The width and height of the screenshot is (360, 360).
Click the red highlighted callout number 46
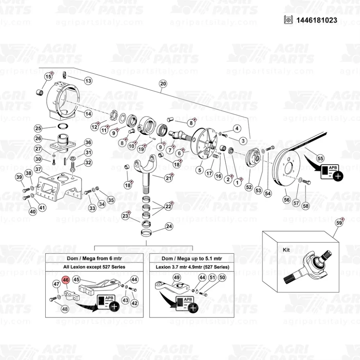pyautogui.click(x=66, y=280)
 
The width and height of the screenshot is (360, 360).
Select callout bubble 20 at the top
pyautogui.click(x=163, y=84)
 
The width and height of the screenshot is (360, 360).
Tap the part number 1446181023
pyautogui.click(x=317, y=20)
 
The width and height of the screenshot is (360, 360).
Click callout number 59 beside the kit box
pyautogui.click(x=338, y=223)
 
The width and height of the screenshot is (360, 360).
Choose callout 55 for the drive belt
pyautogui.click(x=320, y=158)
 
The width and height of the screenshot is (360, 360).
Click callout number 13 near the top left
pyautogui.click(x=88, y=81)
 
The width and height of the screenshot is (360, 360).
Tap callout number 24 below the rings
pyautogui.click(x=169, y=226)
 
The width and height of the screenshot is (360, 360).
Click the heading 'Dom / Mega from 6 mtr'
pyautogui.click(x=94, y=258)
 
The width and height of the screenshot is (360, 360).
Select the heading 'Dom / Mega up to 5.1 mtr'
pyautogui.click(x=192, y=258)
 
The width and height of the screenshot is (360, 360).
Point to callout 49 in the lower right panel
pyautogui.click(x=176, y=277)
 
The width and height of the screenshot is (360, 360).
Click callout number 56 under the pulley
pyautogui.click(x=287, y=200)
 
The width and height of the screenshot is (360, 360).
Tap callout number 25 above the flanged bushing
pyautogui.click(x=39, y=129)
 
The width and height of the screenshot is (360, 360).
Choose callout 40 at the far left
pyautogui.click(x=33, y=212)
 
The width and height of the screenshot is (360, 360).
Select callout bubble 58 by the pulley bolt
pyautogui.click(x=305, y=206)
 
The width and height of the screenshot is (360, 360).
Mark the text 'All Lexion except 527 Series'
pyautogui.click(x=94, y=267)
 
